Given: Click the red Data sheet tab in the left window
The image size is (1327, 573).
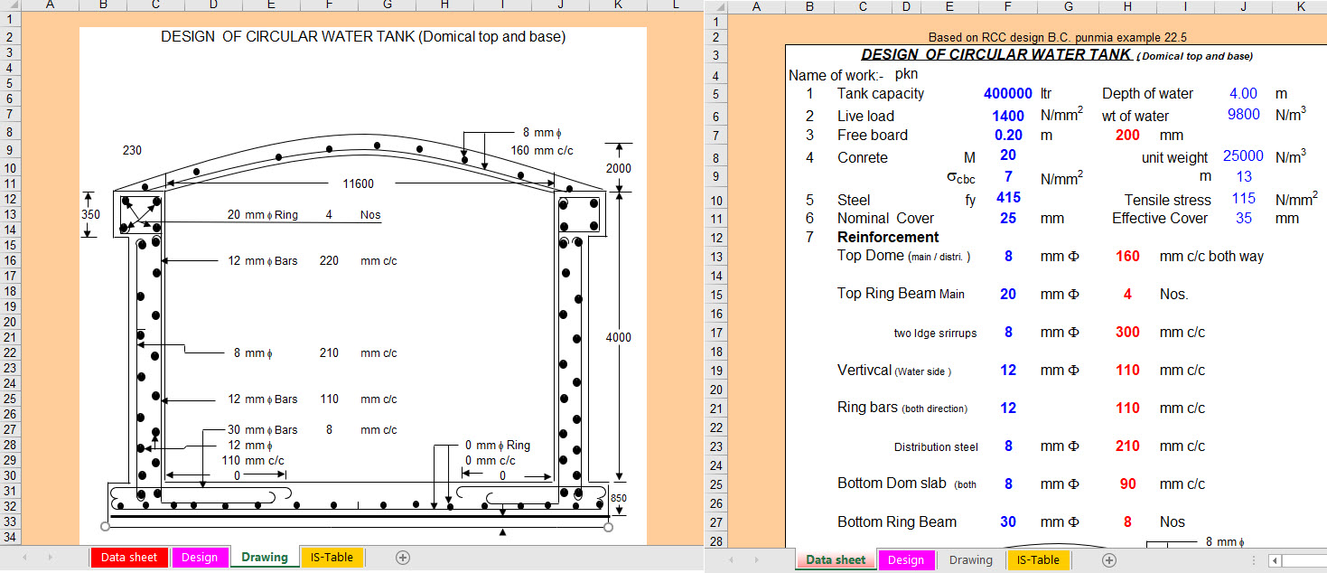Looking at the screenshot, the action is click(x=128, y=558).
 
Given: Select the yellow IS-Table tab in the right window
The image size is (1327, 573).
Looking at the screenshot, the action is click(x=1038, y=560).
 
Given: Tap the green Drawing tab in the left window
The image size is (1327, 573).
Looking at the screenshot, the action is click(x=264, y=558).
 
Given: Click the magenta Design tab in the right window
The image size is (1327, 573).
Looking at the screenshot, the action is click(x=906, y=560).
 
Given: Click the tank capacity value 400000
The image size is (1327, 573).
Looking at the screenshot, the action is click(x=1008, y=94).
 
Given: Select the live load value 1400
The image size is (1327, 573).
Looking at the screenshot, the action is click(x=1008, y=117).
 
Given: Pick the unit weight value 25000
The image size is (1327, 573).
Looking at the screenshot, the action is click(x=1243, y=156).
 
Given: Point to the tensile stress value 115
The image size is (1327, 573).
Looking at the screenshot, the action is click(x=1244, y=199).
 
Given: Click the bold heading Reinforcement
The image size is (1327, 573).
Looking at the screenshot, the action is click(x=887, y=238).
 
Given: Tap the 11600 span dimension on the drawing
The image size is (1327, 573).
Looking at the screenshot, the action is click(x=359, y=184).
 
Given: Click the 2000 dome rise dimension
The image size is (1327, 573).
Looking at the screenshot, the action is click(x=619, y=168).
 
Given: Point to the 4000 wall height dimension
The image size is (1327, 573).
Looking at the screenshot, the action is click(x=619, y=338).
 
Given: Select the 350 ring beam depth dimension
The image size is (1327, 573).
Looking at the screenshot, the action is click(x=90, y=214).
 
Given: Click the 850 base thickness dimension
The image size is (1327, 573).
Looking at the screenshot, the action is click(x=619, y=498).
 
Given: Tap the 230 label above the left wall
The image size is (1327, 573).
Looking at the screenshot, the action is click(x=132, y=151).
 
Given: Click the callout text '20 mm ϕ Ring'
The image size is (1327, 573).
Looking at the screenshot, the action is click(x=263, y=215).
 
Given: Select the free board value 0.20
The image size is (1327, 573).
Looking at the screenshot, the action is click(x=1008, y=135).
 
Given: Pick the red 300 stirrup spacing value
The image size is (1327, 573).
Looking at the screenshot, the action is click(x=1127, y=332).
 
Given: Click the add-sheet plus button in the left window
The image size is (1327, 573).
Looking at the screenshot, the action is click(x=403, y=558).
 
